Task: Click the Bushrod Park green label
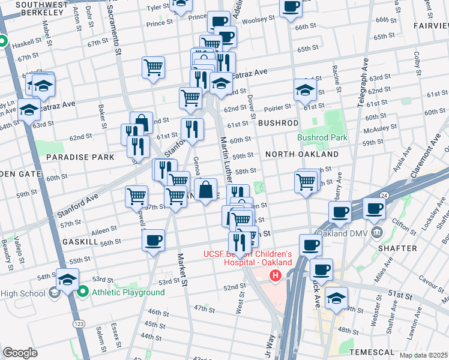322,137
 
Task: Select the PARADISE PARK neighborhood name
80,157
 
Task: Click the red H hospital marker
276,276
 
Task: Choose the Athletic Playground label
128,292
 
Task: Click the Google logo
20,353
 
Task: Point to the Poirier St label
278,106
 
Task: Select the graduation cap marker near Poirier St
305,91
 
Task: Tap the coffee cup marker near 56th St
153,240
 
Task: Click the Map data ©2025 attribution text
423,355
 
